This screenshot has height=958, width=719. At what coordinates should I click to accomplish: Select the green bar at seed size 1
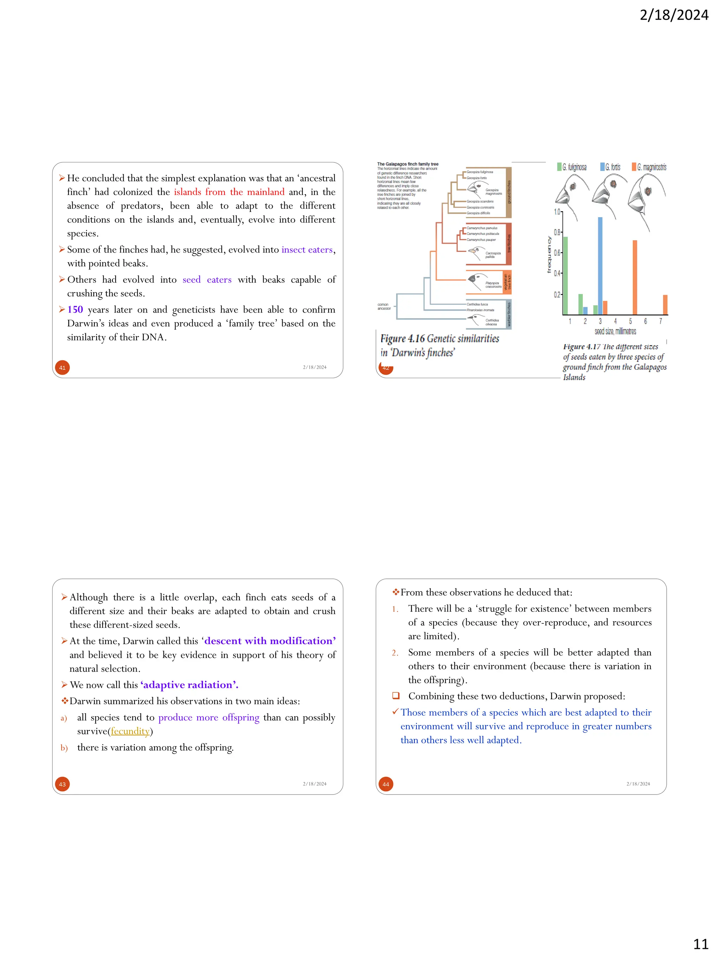[x=565, y=275]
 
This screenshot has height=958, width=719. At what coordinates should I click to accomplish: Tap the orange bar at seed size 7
[x=665, y=304]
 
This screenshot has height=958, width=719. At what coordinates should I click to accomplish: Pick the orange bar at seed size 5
[x=634, y=277]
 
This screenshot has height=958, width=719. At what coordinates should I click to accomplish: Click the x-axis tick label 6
[x=645, y=321]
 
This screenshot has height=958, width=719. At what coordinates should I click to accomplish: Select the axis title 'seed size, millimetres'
[x=615, y=331]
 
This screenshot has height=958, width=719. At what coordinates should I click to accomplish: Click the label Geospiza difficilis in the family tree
[x=479, y=213]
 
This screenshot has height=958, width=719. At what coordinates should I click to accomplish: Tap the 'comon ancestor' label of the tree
[x=384, y=306]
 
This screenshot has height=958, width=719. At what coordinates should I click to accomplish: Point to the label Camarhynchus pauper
[x=481, y=240]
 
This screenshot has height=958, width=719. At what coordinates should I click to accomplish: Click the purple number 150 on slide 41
[x=75, y=310]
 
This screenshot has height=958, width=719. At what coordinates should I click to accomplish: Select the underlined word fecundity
[x=130, y=731]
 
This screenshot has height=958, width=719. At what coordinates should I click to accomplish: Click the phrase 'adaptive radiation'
[x=189, y=685]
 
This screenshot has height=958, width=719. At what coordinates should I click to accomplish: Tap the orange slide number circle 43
[x=62, y=784]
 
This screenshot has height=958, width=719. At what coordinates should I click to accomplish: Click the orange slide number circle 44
[x=386, y=784]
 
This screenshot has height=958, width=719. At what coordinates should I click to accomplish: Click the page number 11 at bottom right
[x=700, y=944]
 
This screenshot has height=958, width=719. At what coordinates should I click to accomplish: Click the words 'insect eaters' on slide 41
[x=307, y=249]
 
